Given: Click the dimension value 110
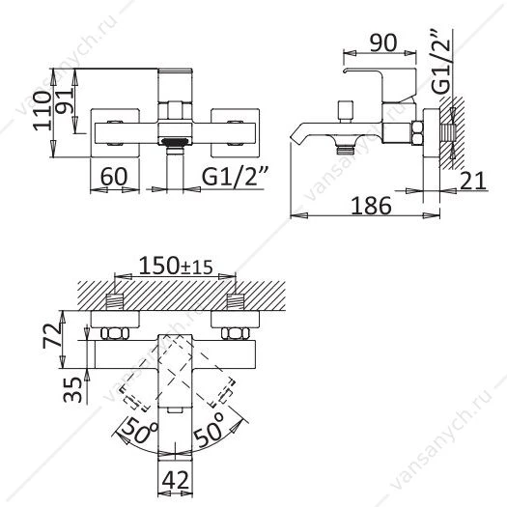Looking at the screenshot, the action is point(42,110).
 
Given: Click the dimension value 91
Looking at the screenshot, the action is point(65,101).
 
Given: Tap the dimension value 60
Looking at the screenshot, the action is point(114,176).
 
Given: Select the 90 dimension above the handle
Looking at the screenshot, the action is point(383,42).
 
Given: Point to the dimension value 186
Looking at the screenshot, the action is point(371,206).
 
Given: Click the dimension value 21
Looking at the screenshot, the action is point(473,181).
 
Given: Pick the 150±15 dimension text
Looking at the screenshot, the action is point(176,266).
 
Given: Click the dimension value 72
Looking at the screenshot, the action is point(52,335).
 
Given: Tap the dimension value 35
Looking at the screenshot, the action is point(72,389).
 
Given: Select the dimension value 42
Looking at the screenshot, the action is point(175,481).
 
